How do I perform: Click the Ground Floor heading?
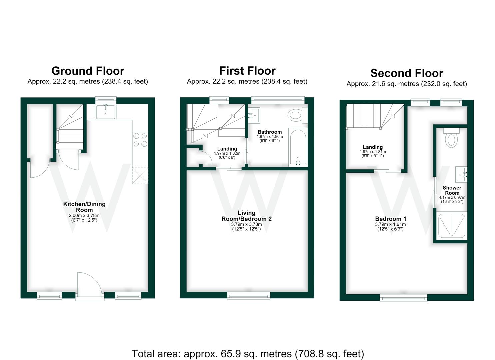[88, 71]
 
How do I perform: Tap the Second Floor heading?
[407, 73]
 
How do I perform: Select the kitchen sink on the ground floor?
[106, 112]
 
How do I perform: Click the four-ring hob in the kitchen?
[140, 140]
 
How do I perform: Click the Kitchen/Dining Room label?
[84, 207]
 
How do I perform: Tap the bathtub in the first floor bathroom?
[298, 147]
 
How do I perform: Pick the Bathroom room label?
[270, 132]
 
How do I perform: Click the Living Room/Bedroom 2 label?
[246, 216]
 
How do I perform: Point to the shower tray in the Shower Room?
[452, 226]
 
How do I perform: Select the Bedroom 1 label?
[390, 219]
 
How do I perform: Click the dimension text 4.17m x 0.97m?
[452, 198]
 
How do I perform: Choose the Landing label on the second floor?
[373, 147]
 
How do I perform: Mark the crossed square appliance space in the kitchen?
[140, 176]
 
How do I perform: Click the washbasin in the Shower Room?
[461, 175]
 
